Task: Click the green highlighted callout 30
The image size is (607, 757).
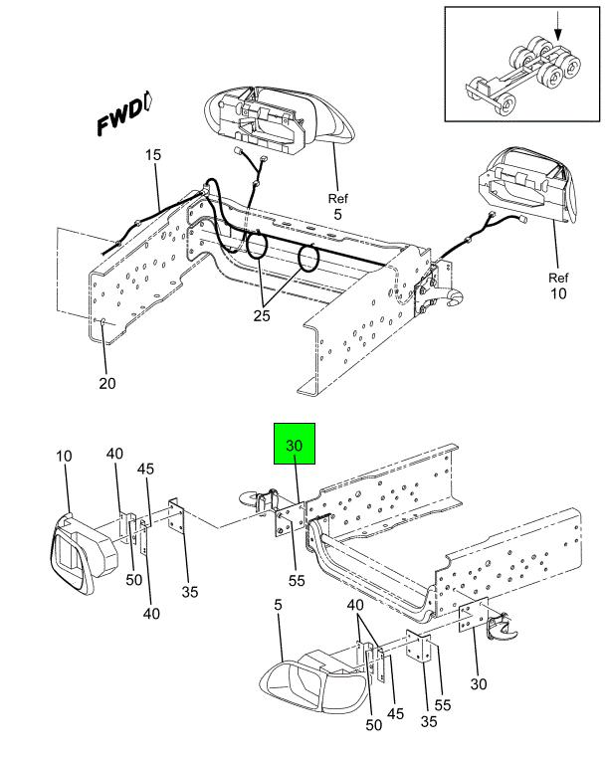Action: pyautogui.click(x=295, y=444)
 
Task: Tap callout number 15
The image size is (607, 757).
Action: pyautogui.click(x=153, y=155)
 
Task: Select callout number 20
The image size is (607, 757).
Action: pyautogui.click(x=107, y=383)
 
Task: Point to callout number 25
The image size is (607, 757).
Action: pyautogui.click(x=262, y=315)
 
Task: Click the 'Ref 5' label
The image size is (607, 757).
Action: pyautogui.click(x=337, y=206)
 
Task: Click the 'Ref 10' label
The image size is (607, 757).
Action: pyautogui.click(x=558, y=285)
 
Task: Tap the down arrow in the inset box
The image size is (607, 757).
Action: pyautogui.click(x=558, y=26)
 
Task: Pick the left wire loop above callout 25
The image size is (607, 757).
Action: pyautogui.click(x=257, y=245)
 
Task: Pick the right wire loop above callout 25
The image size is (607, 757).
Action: pyautogui.click(x=307, y=259)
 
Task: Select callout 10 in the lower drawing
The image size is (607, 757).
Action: pyautogui.click(x=64, y=456)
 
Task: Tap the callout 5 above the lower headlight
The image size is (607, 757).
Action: pyautogui.click(x=278, y=605)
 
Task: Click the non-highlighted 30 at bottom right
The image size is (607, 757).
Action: pyautogui.click(x=478, y=683)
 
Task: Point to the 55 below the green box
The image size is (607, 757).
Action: pyautogui.click(x=297, y=580)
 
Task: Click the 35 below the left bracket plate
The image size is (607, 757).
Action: pyautogui.click(x=190, y=592)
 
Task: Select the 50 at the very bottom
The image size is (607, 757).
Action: pyautogui.click(x=373, y=725)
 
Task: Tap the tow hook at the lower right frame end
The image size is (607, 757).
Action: pyautogui.click(x=503, y=627)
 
